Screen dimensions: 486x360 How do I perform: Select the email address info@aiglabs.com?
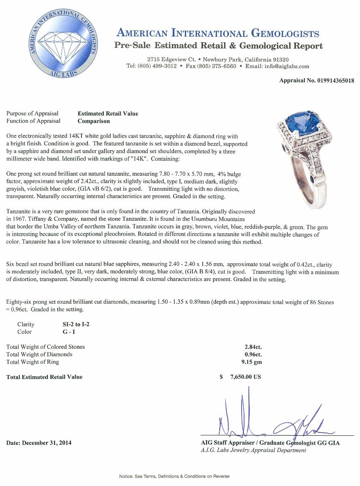[x=283, y=66]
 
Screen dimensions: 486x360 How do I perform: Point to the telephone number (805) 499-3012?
[x=152, y=66]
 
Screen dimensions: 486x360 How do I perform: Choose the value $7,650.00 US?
[x=240, y=377]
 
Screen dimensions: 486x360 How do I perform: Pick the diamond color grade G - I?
[x=66, y=332]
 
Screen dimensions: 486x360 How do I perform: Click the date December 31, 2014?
[x=39, y=443]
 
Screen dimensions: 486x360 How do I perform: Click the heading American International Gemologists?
[x=218, y=33]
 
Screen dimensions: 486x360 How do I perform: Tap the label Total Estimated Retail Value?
[x=44, y=377]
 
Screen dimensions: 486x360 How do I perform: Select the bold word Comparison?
[x=94, y=121]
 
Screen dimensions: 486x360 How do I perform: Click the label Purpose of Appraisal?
[x=32, y=113]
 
